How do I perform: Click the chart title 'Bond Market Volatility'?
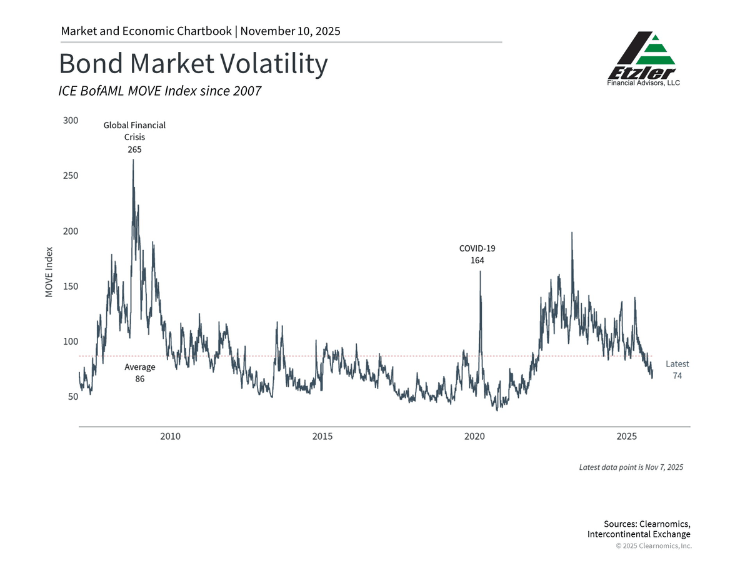click(192, 64)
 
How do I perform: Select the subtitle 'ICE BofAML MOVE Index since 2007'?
click(159, 91)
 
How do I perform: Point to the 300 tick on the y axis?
click(71, 120)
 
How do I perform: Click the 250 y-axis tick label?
click(71, 176)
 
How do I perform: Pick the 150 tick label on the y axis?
click(71, 287)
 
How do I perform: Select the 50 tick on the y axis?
click(72, 397)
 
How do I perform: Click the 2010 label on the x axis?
click(170, 436)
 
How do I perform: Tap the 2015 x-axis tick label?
click(322, 436)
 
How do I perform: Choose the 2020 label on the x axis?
click(474, 436)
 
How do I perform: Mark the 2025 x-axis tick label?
click(627, 436)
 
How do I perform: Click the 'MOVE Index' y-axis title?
click(49, 272)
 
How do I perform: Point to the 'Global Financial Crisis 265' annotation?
click(134, 137)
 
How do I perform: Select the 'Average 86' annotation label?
click(139, 373)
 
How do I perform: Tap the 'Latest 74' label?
click(677, 370)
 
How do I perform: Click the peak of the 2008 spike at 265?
click(133, 160)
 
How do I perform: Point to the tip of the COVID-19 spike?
click(480, 271)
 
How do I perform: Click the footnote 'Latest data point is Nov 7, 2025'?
click(630, 467)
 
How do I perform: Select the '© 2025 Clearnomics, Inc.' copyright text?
click(654, 546)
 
